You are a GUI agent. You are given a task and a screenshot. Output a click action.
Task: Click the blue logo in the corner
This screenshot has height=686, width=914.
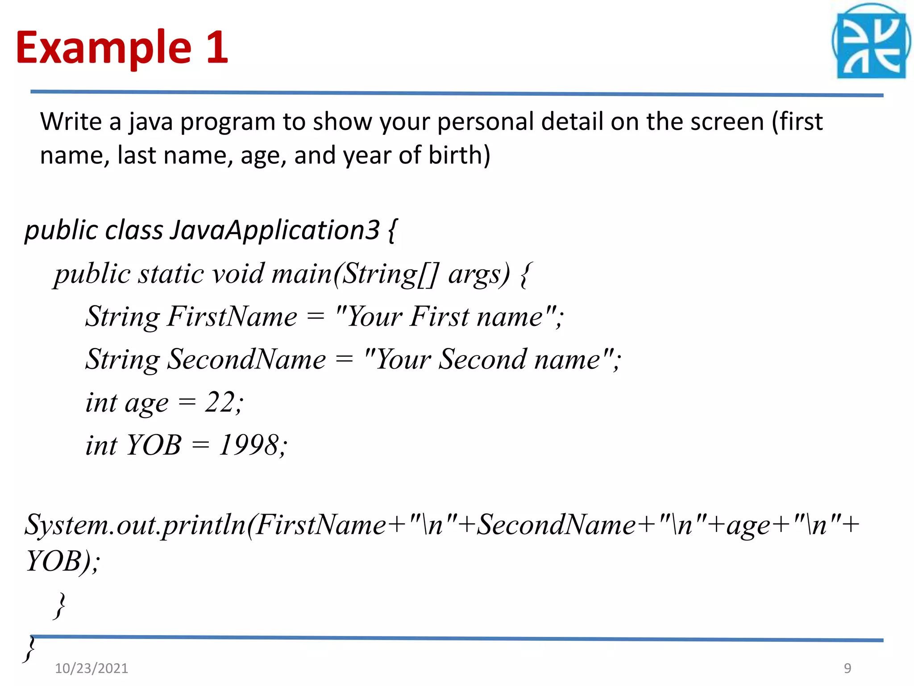coord(871,42)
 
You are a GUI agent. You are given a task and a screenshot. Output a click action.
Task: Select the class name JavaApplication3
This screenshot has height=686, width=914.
coord(275,230)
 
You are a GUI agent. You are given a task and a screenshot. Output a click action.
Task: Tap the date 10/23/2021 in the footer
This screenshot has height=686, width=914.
coord(91,668)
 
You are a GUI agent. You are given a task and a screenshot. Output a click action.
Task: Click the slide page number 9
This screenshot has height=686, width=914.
coord(848,668)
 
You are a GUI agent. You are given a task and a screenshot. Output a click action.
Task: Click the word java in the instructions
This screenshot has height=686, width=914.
coord(151,122)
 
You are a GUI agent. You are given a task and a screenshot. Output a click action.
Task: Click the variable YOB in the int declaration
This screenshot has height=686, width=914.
coord(154,445)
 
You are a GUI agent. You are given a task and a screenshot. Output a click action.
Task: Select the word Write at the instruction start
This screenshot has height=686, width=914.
coord(71,121)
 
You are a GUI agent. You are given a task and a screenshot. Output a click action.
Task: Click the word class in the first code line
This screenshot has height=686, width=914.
coord(134,230)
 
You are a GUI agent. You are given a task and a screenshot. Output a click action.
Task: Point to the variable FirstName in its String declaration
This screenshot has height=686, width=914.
coord(232,317)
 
